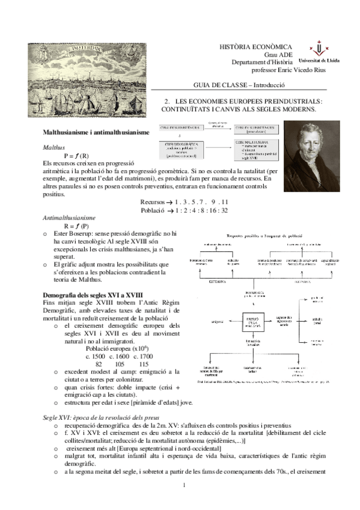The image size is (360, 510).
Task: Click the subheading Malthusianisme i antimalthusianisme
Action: point(96,132)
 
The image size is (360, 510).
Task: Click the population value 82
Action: point(99,364)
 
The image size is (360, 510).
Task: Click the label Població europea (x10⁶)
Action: point(115,348)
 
